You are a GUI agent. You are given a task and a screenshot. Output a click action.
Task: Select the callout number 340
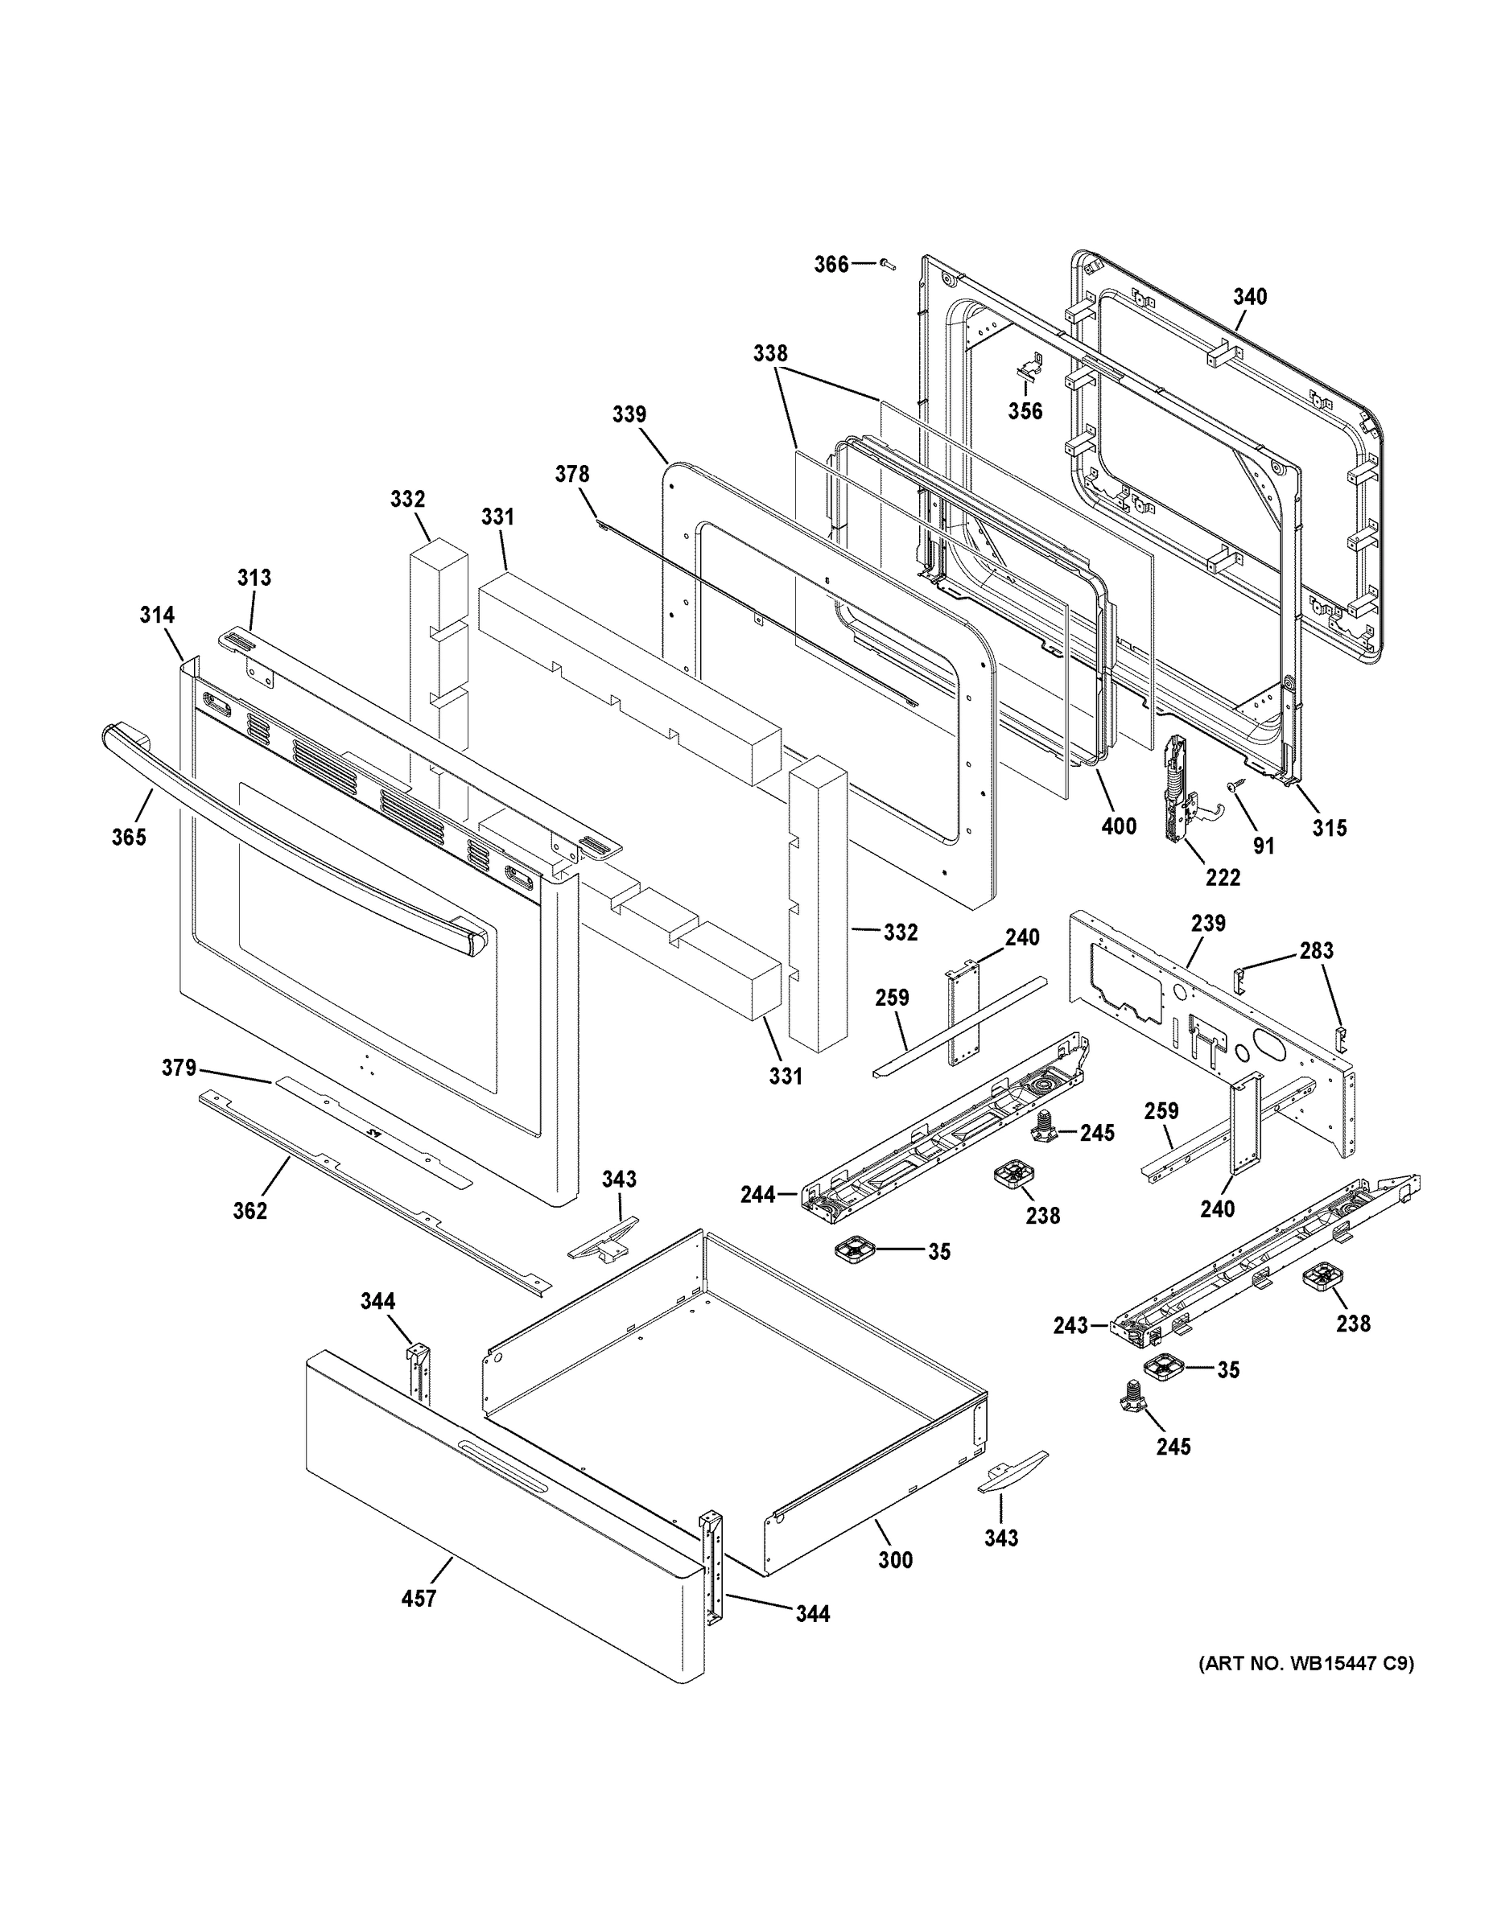coord(1250,297)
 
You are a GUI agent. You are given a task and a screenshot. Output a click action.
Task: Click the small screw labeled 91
coord(1231,785)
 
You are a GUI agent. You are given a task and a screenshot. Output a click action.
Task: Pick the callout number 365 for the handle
coord(128,837)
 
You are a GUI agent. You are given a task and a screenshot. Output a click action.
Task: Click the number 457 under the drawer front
coord(419,1599)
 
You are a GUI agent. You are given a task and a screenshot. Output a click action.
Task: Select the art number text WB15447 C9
coord(1305,1664)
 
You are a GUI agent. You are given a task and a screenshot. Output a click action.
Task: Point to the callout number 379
coord(178,1068)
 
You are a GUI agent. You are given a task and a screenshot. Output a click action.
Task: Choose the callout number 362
coord(250,1210)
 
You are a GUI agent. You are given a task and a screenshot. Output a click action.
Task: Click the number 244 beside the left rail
coord(758,1196)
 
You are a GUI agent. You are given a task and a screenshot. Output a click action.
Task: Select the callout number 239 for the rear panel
coord(1208,923)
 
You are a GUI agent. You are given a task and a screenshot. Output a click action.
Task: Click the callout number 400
coord(1118,826)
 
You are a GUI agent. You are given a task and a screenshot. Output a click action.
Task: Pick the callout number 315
coord(1329,828)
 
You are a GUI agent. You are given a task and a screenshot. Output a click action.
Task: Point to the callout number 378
coord(571,474)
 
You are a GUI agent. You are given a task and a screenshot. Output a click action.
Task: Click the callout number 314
coord(157,615)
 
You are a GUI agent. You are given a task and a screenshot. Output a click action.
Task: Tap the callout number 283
coord(1316,950)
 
